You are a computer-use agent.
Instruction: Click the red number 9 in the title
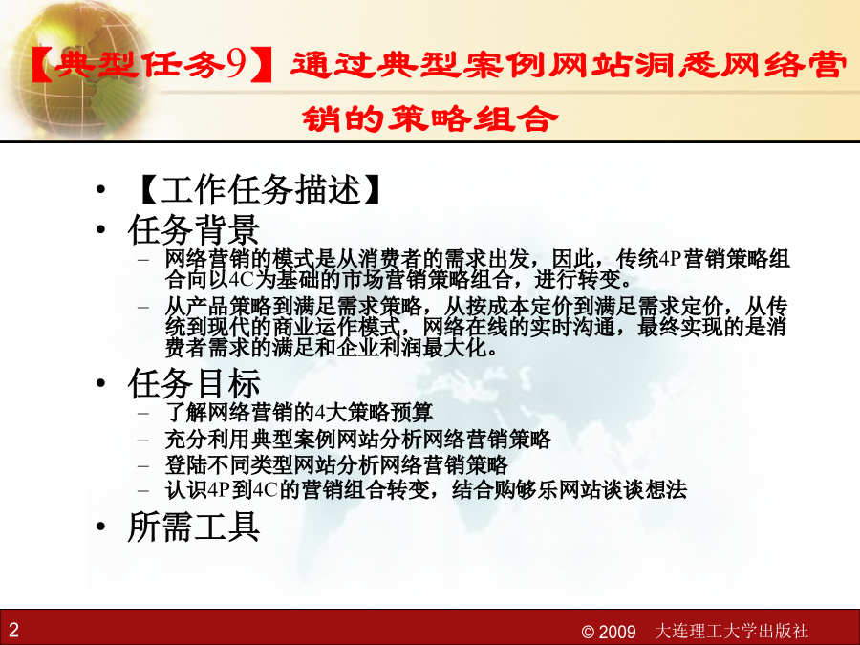tap(236, 65)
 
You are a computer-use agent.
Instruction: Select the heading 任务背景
tap(194, 229)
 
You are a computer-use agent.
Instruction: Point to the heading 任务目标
tap(194, 383)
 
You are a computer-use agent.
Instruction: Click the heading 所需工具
tap(194, 527)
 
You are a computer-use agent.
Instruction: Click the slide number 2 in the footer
tap(13, 630)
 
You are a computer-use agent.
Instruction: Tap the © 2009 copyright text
tap(609, 632)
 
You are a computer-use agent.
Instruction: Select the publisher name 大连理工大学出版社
tap(732, 631)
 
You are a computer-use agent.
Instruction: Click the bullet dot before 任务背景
tap(100, 229)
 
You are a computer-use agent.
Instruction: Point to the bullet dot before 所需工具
tap(100, 527)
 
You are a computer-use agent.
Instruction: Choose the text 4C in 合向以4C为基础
tap(242, 279)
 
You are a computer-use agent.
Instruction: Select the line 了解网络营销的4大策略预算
tap(299, 412)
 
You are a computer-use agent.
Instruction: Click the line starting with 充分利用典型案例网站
tap(357, 439)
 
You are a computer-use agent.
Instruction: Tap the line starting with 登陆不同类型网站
tap(336, 464)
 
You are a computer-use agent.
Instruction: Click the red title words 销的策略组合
tap(430, 118)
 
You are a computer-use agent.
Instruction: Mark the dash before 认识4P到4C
tap(143, 490)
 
